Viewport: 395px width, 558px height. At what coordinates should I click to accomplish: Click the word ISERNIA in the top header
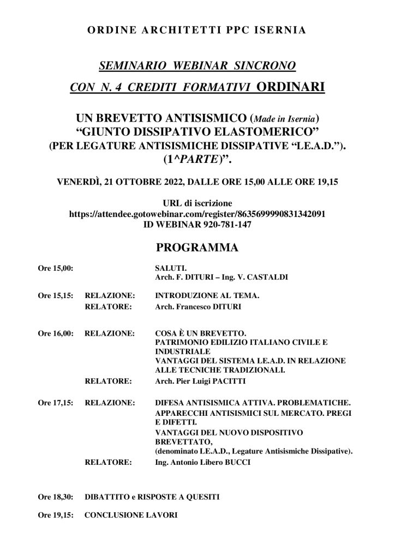(x=277, y=31)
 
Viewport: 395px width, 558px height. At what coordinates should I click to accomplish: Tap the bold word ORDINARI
(x=290, y=87)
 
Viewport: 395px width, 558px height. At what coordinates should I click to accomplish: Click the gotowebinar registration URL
(x=197, y=215)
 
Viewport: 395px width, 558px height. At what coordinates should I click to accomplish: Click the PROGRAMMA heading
(x=197, y=248)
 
